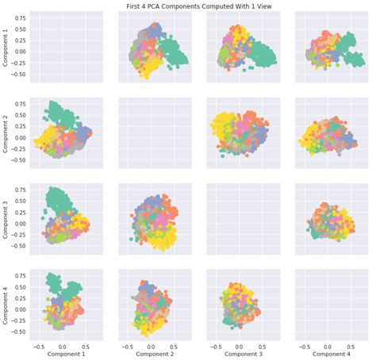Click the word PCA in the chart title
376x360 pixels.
pyautogui.click(x=157, y=5)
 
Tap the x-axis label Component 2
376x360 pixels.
pyautogui.click(x=154, y=355)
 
